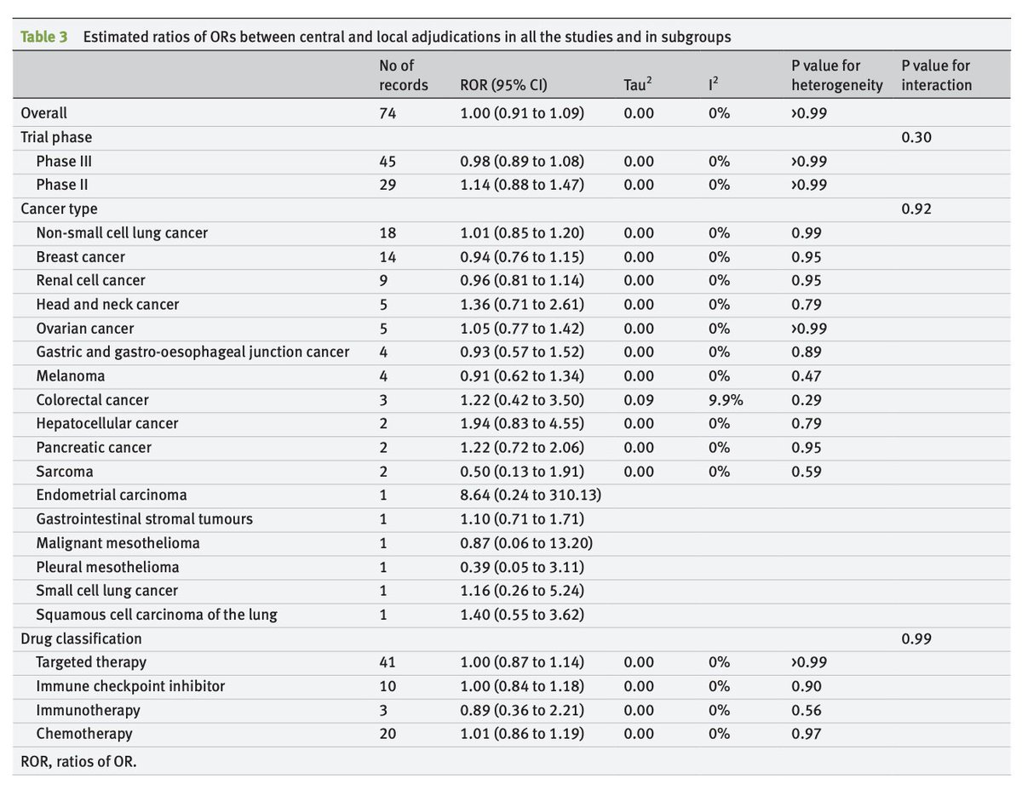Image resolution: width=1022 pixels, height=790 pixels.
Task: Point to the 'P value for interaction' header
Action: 936,75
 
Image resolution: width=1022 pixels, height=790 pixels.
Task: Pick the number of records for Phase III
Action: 388,161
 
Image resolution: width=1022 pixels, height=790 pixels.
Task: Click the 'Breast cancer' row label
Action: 81,256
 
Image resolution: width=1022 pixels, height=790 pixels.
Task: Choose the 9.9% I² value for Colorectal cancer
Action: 725,399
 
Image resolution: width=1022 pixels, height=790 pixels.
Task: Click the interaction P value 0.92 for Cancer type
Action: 916,209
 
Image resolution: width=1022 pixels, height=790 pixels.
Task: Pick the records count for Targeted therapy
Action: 388,661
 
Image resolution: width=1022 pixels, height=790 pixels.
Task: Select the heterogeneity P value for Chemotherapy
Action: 806,733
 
